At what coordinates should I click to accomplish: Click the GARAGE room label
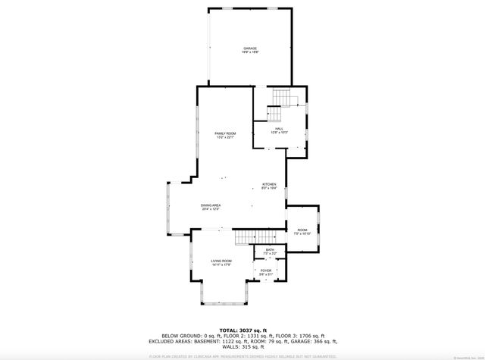(250, 49)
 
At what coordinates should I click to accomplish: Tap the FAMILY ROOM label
(225, 133)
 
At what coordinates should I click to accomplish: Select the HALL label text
(280, 130)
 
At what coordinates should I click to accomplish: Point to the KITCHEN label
(269, 185)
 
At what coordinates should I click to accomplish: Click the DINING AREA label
(211, 205)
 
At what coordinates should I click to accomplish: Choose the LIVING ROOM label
(221, 261)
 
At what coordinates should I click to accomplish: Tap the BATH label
(270, 249)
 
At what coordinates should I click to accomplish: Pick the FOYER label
(266, 270)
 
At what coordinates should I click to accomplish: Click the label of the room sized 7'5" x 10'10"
(302, 230)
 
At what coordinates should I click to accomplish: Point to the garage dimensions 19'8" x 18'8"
(250, 52)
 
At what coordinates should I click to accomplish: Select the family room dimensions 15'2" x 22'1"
(225, 137)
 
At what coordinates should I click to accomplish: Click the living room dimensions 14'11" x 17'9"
(221, 265)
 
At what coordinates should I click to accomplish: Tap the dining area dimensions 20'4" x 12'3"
(211, 209)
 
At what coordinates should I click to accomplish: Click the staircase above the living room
(244, 238)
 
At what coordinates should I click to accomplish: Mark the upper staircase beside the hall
(280, 99)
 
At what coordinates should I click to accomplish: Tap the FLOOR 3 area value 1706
(307, 337)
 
